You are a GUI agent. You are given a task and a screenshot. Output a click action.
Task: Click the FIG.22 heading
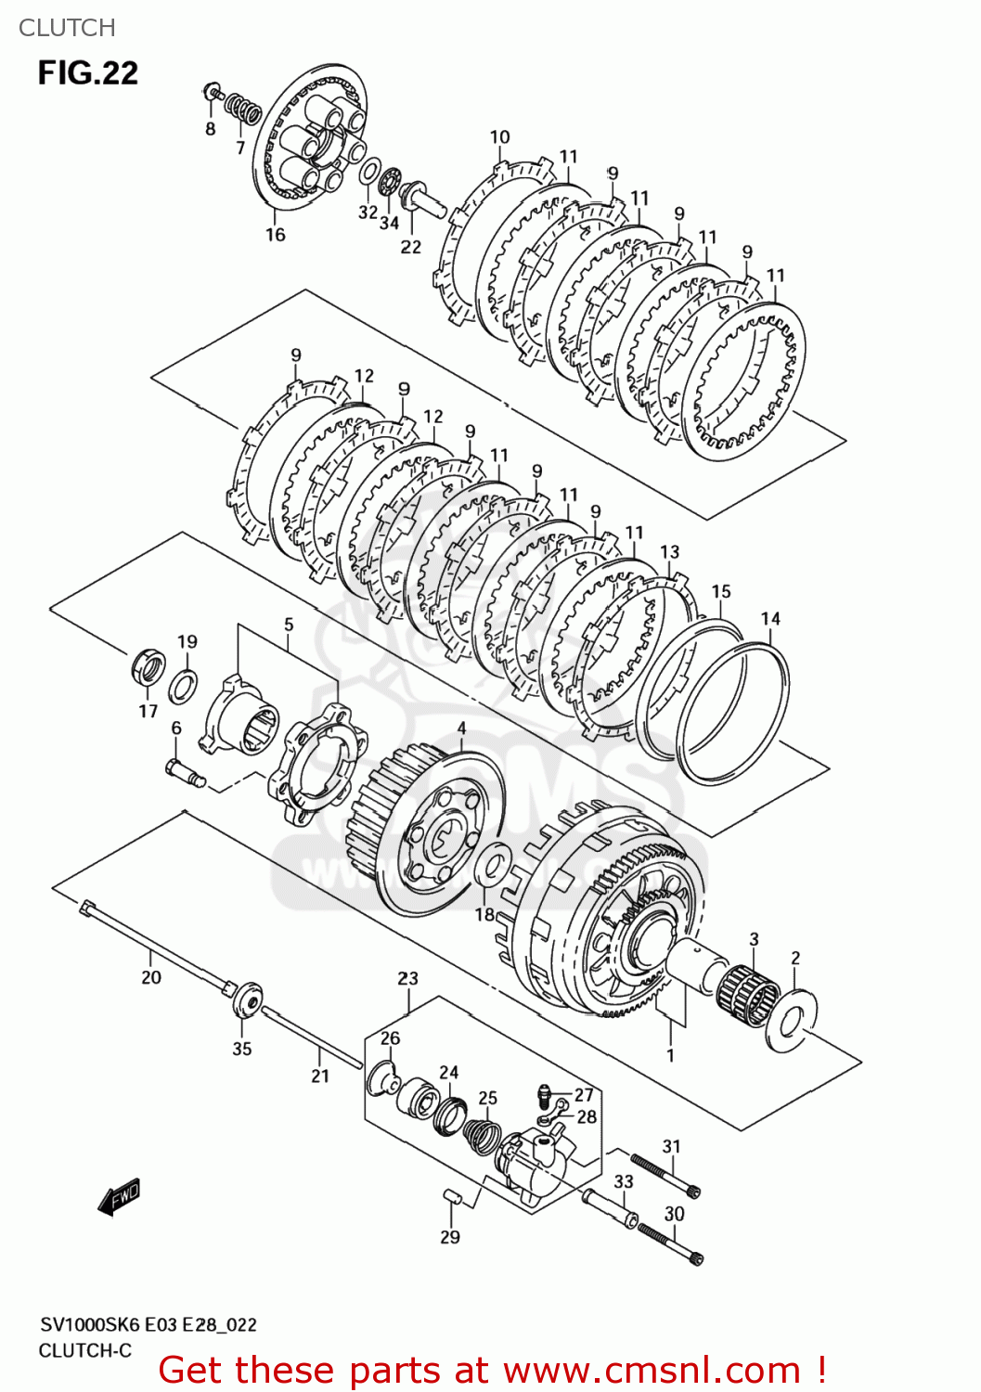click(x=87, y=72)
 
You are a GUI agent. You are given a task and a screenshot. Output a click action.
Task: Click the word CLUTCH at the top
click(x=67, y=28)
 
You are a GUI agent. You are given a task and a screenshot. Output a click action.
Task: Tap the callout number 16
click(x=275, y=235)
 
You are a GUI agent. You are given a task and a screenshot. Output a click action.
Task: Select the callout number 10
click(x=499, y=137)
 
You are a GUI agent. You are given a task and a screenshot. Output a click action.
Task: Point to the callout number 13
click(x=669, y=552)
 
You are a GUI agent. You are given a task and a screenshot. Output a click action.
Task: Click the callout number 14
click(x=770, y=619)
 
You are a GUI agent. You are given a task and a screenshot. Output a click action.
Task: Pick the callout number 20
click(x=151, y=977)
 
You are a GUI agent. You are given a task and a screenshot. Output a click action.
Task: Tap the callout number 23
click(x=407, y=978)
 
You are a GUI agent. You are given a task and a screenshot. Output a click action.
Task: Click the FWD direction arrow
click(x=119, y=1197)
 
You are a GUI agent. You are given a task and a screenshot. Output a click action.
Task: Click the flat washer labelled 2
click(x=792, y=1022)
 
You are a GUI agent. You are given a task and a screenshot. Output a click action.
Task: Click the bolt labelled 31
click(x=665, y=1175)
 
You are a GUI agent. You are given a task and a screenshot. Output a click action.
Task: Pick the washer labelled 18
click(x=490, y=866)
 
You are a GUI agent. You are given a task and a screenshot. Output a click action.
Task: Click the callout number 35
click(x=241, y=1049)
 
